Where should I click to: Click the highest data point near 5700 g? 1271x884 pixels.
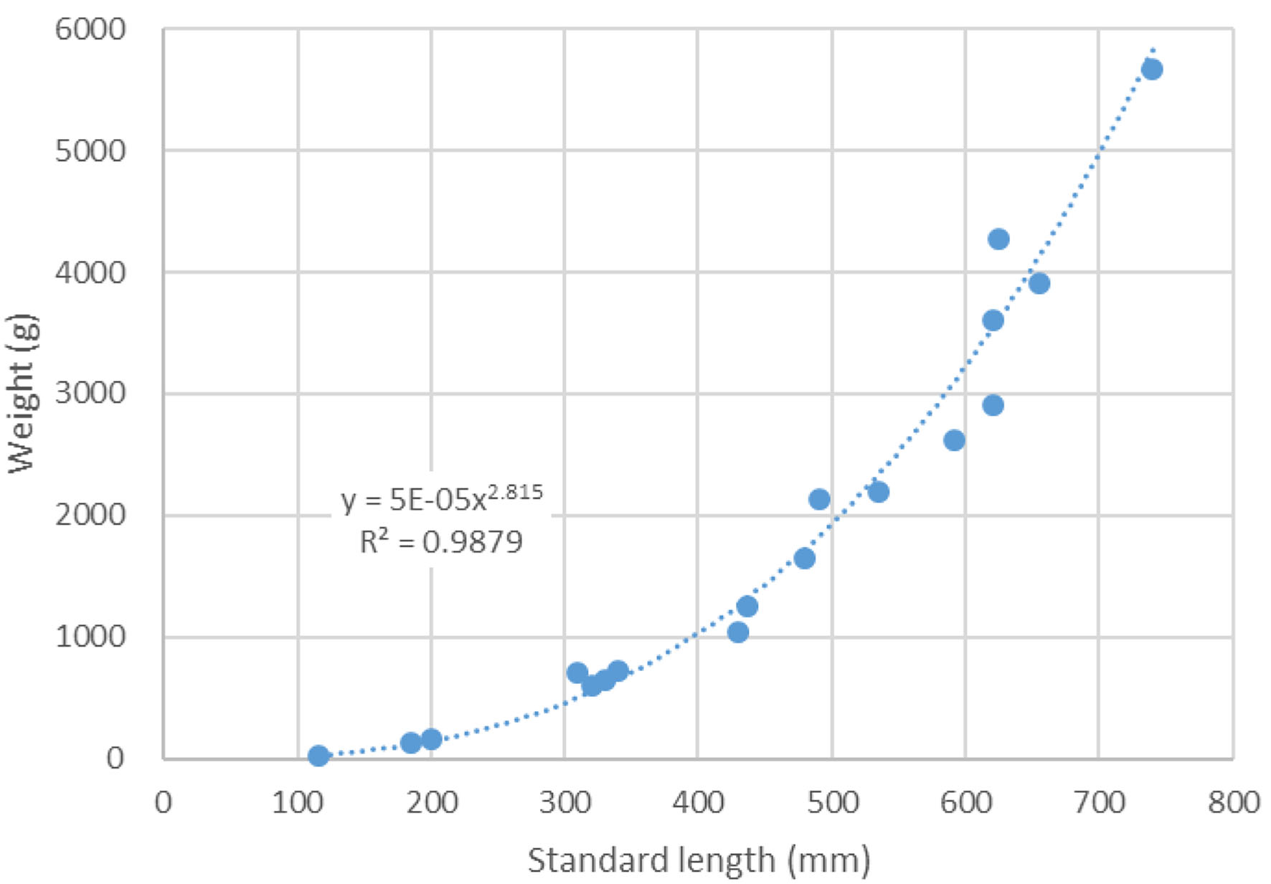point(1151,70)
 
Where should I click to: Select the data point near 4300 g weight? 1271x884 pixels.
point(998,239)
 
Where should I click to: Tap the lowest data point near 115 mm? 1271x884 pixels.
point(318,755)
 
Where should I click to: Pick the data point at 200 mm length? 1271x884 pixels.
point(431,738)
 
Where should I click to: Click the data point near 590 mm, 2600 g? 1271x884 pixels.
point(953,440)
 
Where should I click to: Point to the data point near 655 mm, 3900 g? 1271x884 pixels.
point(1039,283)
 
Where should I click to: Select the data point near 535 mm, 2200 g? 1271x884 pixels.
point(878,492)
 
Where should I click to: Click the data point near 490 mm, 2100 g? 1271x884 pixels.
point(819,499)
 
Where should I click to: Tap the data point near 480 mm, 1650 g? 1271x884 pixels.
point(804,558)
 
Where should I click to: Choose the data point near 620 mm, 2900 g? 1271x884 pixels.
point(993,405)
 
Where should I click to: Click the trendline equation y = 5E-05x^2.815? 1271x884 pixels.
point(441,498)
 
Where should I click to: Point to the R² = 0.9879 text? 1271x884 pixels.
point(441,542)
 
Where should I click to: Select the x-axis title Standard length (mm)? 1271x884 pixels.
point(699,860)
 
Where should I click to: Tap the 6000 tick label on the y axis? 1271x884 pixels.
point(90,29)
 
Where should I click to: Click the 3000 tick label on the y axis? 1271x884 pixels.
point(90,393)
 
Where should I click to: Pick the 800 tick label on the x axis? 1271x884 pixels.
point(1233,802)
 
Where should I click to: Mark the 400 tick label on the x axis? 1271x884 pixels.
point(698,802)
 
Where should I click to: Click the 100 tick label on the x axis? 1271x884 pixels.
point(297,802)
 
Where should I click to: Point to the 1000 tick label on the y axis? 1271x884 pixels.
point(90,636)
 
